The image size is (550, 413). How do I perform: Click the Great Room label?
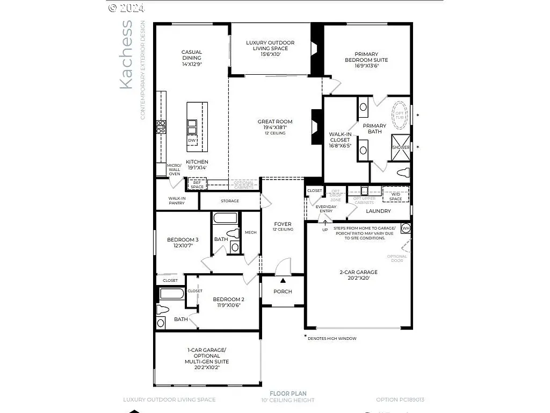[274, 122]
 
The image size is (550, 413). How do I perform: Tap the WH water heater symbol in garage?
[406, 228]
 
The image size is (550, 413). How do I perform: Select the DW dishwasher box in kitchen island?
[192, 141]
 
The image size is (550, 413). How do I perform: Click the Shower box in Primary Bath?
[401, 147]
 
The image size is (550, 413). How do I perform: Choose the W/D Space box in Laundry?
[395, 195]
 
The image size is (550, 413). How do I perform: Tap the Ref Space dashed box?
[197, 184]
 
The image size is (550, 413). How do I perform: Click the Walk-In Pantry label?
[177, 201]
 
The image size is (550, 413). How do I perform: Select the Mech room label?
[250, 232]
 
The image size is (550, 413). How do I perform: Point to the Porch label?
[283, 291]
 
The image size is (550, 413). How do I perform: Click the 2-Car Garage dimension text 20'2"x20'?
[359, 278]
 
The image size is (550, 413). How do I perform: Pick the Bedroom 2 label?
[228, 300]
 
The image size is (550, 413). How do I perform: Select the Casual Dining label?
[191, 55]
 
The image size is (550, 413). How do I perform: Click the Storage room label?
[229, 201]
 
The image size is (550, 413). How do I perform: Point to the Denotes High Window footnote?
[331, 338]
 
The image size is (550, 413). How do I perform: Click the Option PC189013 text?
[400, 400]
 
